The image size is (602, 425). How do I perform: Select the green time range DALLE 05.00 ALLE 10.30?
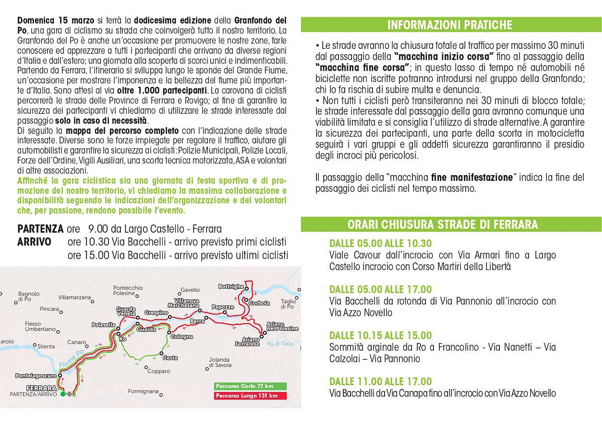pos(380,244)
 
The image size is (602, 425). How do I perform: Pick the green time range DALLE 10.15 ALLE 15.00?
pos(380,335)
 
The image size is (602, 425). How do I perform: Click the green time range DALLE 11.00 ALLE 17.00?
pos(380,382)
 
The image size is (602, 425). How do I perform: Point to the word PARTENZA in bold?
pos(40,229)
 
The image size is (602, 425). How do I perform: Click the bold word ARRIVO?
pos(34,242)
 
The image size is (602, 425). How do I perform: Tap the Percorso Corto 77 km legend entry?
pos(244,386)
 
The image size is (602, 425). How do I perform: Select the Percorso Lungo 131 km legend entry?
pos(246,396)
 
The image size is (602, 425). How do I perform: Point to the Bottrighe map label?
pos(231,286)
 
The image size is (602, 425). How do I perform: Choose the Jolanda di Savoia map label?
pos(219,362)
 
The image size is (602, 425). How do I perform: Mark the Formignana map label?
pos(143,391)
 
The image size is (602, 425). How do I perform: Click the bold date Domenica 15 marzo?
pos(56,21)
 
